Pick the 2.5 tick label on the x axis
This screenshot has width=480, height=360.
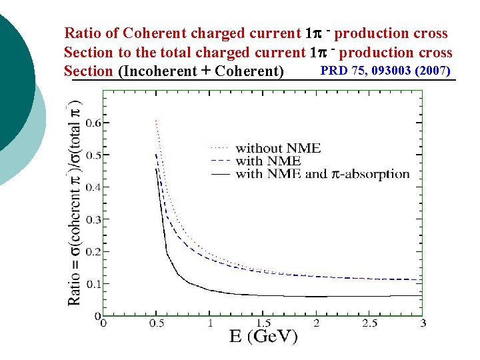pos(369,323)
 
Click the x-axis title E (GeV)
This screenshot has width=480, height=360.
pos(263,337)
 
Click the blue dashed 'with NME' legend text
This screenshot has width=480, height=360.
pos(268,161)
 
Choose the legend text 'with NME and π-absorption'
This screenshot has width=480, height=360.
pos(322,174)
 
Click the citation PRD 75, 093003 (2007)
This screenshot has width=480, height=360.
pos(386,71)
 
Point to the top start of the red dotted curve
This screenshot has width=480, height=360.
pos(155,121)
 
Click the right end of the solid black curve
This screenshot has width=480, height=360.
pos(421,295)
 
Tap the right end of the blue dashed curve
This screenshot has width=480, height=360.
pos(421,279)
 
